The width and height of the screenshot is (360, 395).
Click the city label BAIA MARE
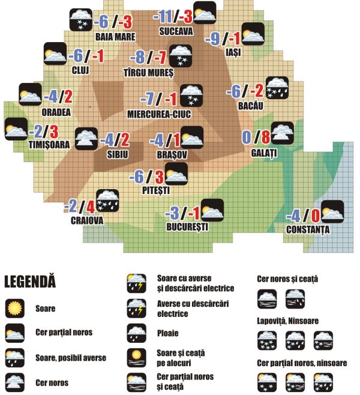[x=115, y=36]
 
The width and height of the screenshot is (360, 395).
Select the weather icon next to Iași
[x=253, y=34]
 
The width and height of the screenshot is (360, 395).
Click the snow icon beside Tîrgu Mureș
[x=181, y=56]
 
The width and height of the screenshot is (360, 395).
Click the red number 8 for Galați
[x=265, y=137]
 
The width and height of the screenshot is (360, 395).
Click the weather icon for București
[x=212, y=210]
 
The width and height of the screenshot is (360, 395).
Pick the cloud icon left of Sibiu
[x=86, y=139]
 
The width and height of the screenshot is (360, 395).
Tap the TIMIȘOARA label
[x=48, y=145]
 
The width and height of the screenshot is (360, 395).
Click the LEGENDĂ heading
[x=29, y=281]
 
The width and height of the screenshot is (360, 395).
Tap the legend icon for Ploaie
[x=136, y=333]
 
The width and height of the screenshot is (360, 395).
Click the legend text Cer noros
[x=52, y=382]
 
